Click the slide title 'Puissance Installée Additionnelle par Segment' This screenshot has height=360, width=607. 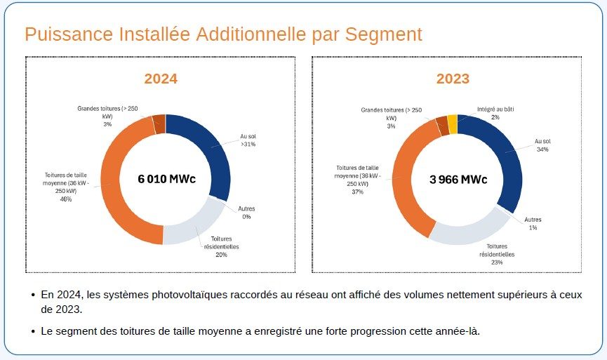[223, 34]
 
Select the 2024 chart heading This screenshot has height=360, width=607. [161, 79]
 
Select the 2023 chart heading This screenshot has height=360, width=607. [453, 79]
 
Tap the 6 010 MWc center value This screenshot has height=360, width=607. [166, 179]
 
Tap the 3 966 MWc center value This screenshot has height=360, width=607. [458, 180]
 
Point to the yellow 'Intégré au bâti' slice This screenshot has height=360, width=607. [453, 124]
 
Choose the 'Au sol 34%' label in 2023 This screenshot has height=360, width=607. [542, 145]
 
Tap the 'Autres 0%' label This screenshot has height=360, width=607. [246, 212]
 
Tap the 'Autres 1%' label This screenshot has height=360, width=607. [533, 223]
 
